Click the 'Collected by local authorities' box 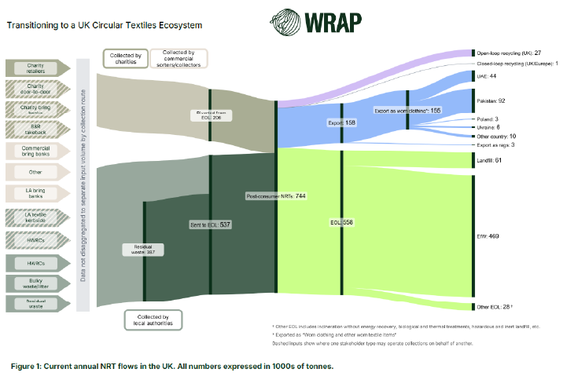point(153,319)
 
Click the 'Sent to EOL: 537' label point(211,225)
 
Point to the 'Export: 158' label point(341,123)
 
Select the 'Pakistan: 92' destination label point(491,100)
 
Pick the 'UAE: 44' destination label point(486,77)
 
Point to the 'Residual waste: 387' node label point(143,249)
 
